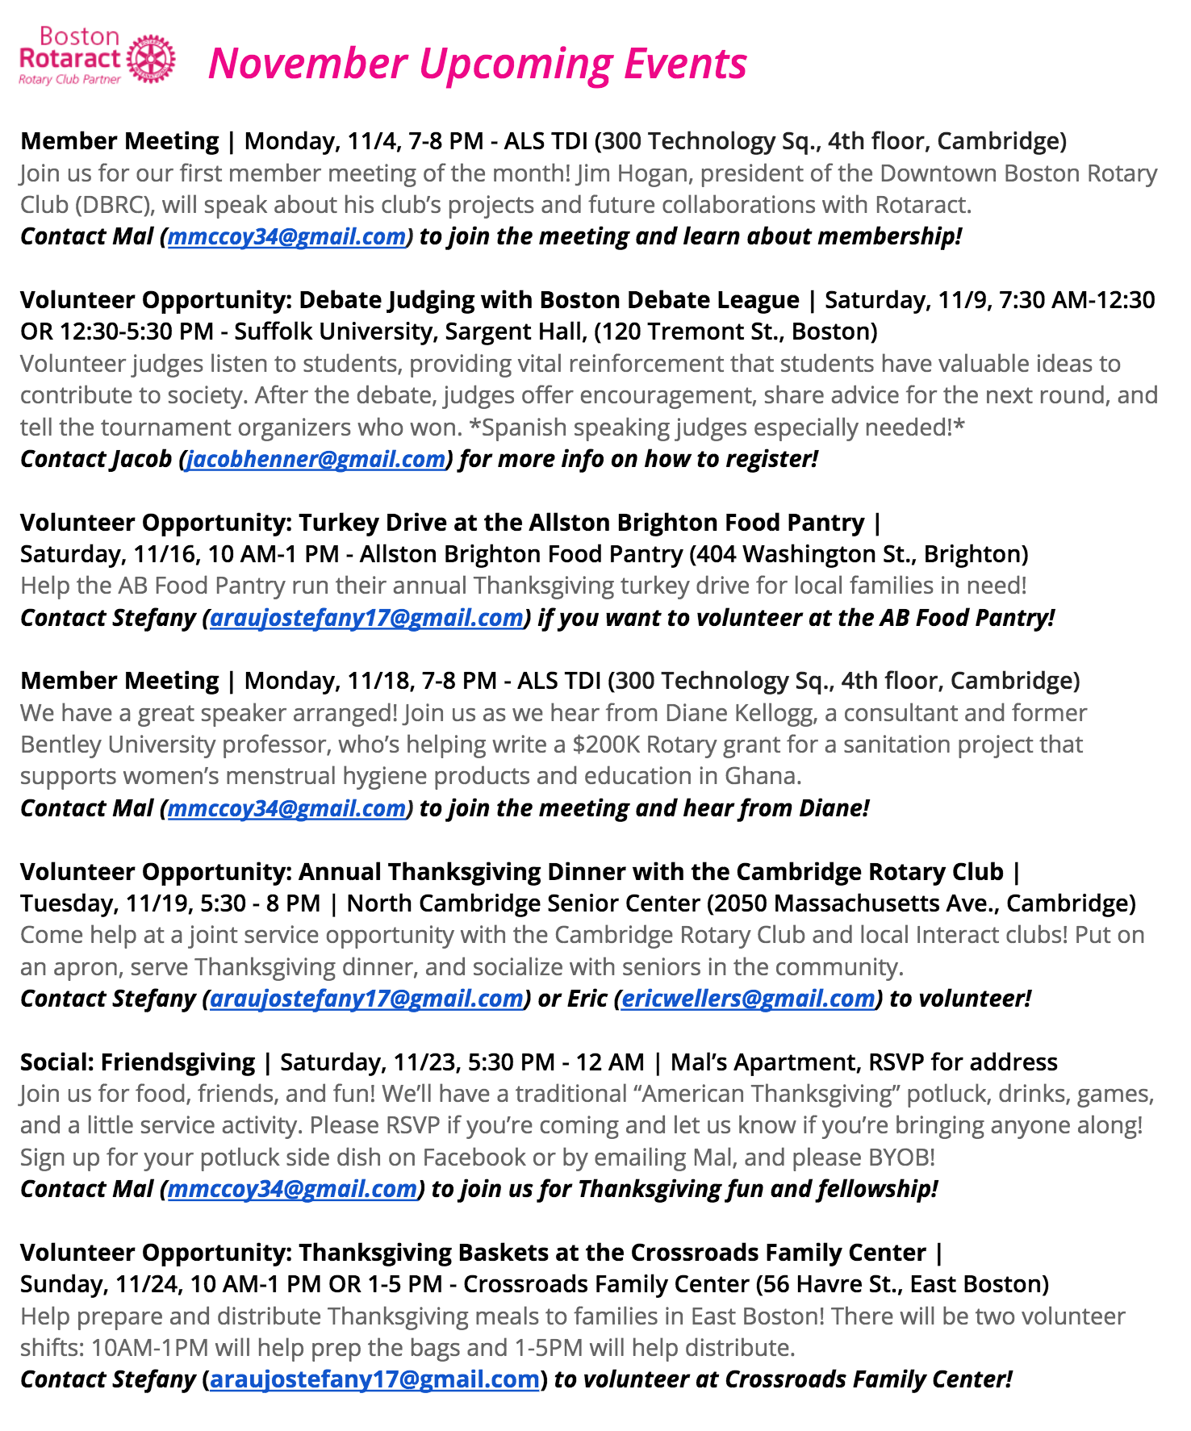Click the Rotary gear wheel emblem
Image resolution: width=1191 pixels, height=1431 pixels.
click(x=151, y=58)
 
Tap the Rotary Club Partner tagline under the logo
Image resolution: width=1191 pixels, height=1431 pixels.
click(x=69, y=80)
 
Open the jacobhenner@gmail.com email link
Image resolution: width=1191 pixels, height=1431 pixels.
click(x=316, y=459)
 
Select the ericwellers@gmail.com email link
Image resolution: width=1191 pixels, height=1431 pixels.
click(x=748, y=999)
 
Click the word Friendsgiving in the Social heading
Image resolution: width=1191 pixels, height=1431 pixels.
click(x=178, y=1062)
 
